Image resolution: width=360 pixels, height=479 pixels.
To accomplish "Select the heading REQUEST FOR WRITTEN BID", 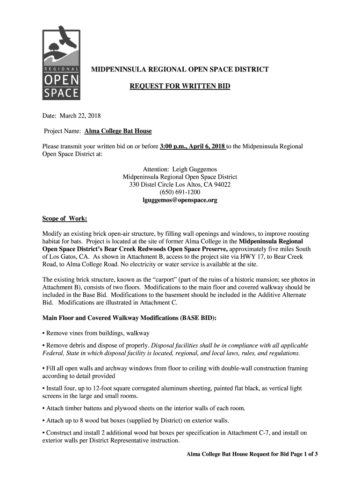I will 180,86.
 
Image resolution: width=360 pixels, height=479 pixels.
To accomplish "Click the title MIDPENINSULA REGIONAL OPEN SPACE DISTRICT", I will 180,70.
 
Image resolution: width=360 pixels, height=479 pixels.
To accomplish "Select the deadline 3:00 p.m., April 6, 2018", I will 193,146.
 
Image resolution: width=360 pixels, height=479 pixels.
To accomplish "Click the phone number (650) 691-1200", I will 180,192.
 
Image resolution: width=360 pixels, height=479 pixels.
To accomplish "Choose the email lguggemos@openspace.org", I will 180,200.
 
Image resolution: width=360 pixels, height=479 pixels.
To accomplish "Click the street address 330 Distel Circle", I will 151,185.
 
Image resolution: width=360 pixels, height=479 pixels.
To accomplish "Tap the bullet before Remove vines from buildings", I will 44,334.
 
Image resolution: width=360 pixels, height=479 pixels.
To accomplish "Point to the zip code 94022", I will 222,185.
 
